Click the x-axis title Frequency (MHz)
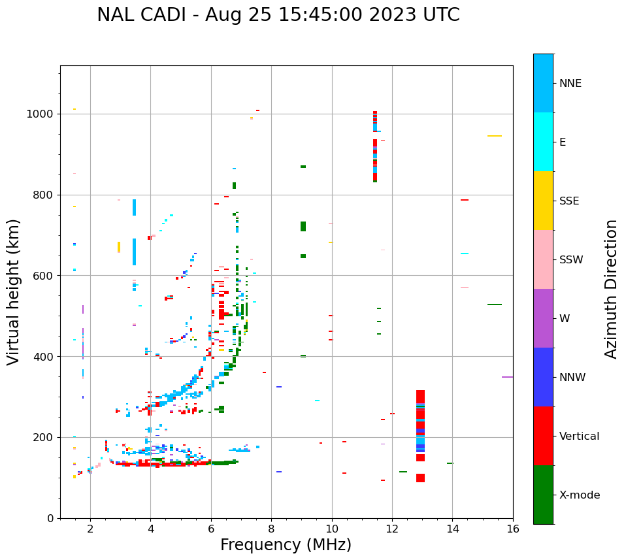(x=286, y=545)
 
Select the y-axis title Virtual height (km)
(x=14, y=291)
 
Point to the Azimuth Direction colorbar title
(x=611, y=289)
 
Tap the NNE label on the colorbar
(x=570, y=84)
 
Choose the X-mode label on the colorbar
(x=579, y=495)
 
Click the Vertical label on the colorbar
(x=579, y=436)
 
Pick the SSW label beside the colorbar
(x=571, y=260)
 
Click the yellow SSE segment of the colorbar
(x=543, y=200)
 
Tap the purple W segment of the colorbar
(x=543, y=318)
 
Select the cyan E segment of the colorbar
(x=543, y=142)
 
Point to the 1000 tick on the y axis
(x=43, y=114)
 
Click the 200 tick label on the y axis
(x=46, y=437)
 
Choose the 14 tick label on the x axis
(x=452, y=529)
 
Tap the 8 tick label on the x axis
(x=271, y=529)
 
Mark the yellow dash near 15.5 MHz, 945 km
(x=494, y=136)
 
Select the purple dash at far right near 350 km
(x=507, y=377)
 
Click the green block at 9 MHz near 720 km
(x=303, y=226)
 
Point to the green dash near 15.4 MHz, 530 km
(x=494, y=305)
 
